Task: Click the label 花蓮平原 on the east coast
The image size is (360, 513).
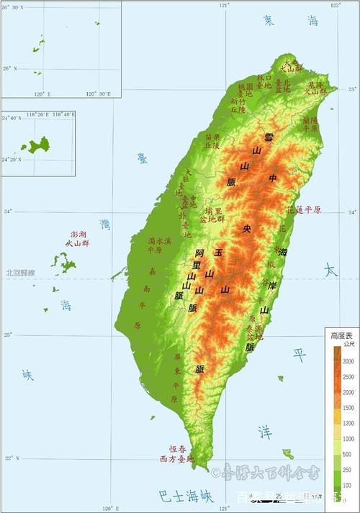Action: point(303,210)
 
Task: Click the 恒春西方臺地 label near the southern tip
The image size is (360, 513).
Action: point(177,453)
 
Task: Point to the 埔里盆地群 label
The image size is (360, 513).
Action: point(214,215)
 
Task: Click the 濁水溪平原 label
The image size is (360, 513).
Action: point(159,245)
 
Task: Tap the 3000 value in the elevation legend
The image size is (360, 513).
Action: point(348,361)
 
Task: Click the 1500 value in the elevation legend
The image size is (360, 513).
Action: point(348,408)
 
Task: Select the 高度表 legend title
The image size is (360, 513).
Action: point(341,336)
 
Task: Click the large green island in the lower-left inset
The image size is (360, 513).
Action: point(35,146)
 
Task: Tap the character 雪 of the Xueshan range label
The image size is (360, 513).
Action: point(269,137)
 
